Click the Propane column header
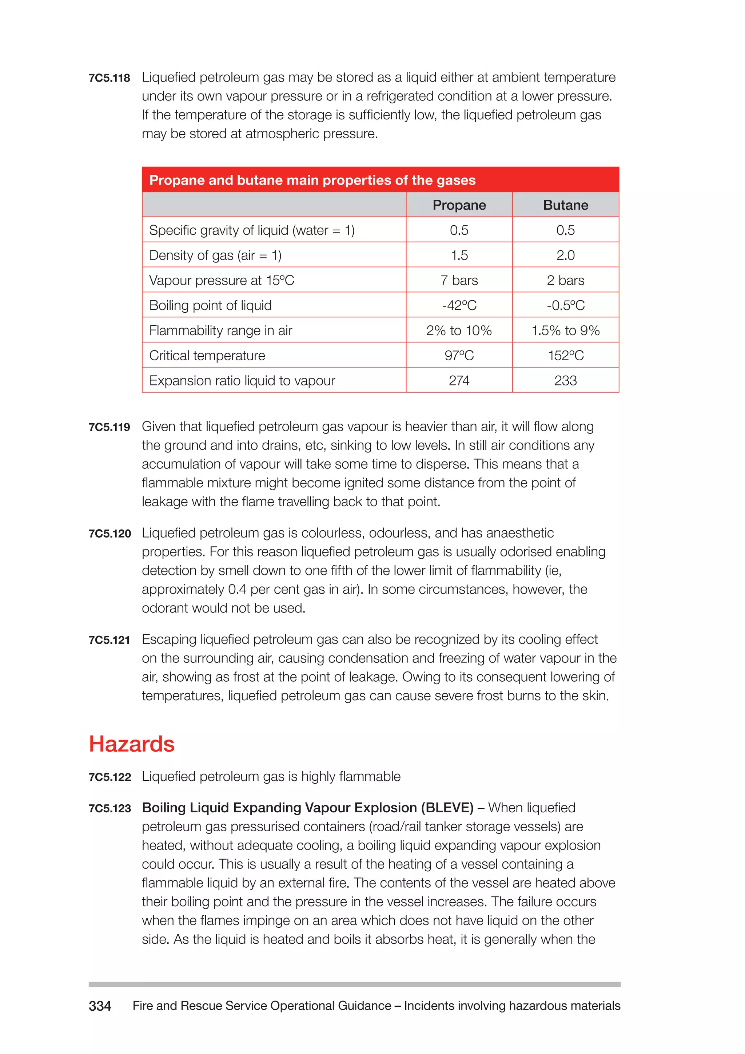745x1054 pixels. [459, 205]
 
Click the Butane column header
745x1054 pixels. [565, 205]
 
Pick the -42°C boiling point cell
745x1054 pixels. [459, 305]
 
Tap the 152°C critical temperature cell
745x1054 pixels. [565, 355]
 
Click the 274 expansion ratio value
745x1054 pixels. [459, 381]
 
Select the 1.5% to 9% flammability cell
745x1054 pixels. [565, 330]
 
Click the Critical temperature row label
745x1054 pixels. [207, 355]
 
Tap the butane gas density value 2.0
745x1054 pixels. [565, 255]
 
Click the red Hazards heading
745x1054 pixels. [132, 744]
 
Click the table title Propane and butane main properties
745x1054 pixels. [312, 180]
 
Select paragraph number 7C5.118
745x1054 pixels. [109, 78]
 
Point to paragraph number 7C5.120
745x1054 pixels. [109, 534]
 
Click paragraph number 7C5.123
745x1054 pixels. [109, 808]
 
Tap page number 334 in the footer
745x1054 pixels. [100, 1006]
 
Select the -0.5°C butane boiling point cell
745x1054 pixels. [565, 305]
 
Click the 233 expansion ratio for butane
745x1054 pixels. [565, 381]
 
